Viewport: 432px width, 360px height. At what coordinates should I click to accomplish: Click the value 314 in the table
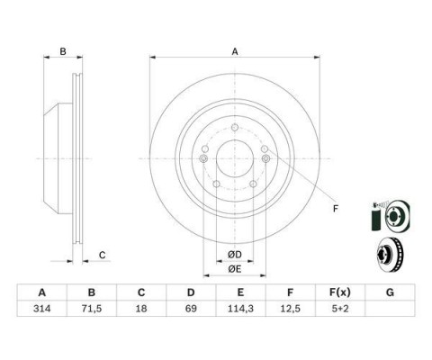coord(42,309)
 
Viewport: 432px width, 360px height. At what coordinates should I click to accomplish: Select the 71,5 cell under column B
coord(92,309)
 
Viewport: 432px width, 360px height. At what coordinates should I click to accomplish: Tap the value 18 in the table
coord(141,309)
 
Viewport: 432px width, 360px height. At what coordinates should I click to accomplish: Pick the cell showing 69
coord(191,309)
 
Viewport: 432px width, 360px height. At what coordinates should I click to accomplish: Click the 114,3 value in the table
coord(240,309)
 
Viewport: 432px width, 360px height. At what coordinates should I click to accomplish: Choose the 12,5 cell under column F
coord(290,309)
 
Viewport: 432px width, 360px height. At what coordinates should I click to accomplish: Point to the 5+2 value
coord(339,309)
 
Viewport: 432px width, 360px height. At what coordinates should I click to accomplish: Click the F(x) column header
coord(339,292)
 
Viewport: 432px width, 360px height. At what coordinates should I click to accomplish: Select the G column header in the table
coord(390,292)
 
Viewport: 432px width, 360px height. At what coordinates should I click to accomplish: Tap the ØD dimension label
coord(235,255)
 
